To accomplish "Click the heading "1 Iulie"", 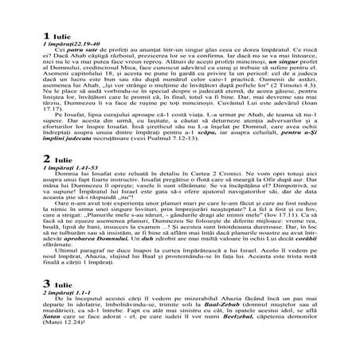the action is (58, 37).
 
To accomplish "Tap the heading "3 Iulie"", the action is (58, 307).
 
